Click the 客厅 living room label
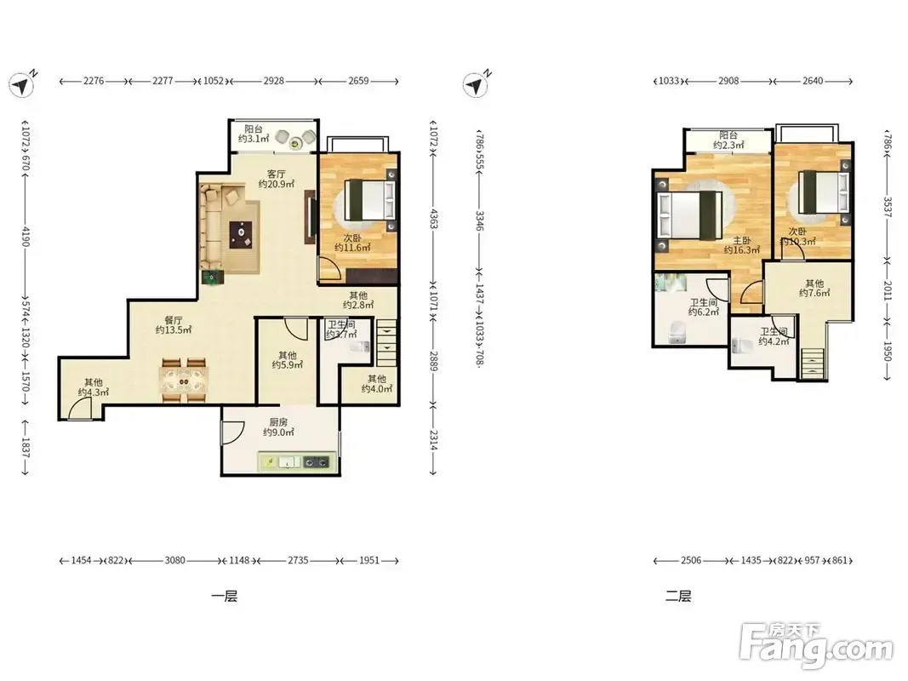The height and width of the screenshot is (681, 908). (x=277, y=174)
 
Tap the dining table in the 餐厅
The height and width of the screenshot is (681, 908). (x=184, y=381)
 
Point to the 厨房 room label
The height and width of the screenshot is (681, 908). (x=278, y=422)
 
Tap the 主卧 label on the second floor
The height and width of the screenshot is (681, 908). (x=742, y=240)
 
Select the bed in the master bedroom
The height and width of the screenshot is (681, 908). (x=690, y=215)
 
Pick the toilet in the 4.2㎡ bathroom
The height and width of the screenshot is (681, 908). (x=742, y=346)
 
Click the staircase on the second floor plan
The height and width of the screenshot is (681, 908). (x=812, y=364)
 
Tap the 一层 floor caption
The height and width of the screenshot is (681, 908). (x=224, y=596)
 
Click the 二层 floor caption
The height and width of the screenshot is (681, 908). (x=678, y=596)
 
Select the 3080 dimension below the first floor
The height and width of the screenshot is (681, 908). (x=175, y=561)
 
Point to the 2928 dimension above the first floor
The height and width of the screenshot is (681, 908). (x=274, y=81)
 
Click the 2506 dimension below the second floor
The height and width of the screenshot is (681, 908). (x=691, y=561)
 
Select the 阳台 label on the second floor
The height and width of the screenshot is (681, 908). (x=728, y=135)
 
